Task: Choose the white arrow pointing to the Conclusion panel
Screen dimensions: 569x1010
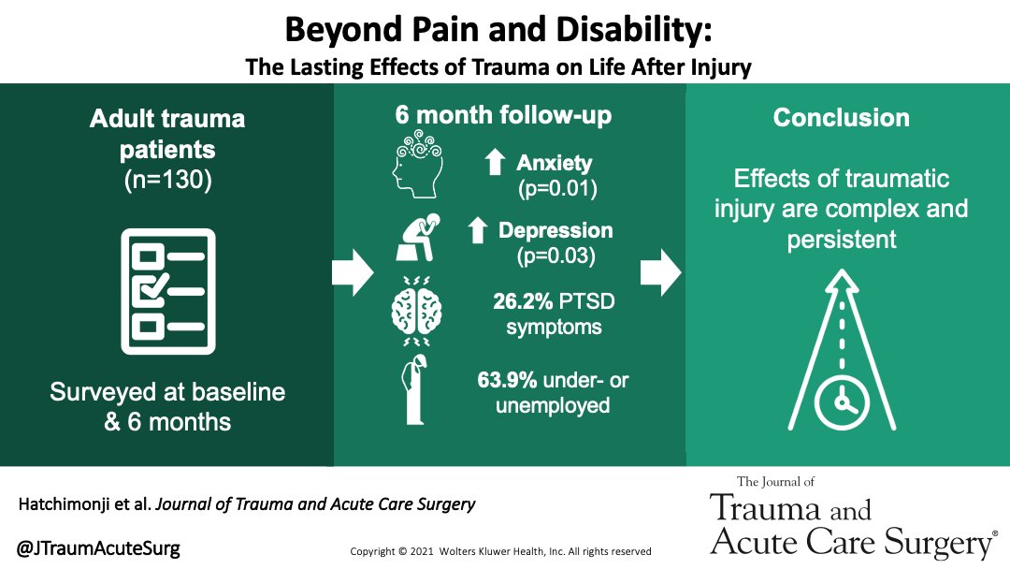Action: (x=658, y=270)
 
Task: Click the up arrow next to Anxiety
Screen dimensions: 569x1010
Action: (x=495, y=164)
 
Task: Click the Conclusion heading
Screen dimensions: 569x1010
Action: (x=841, y=119)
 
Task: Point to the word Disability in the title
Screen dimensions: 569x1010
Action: (x=633, y=30)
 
